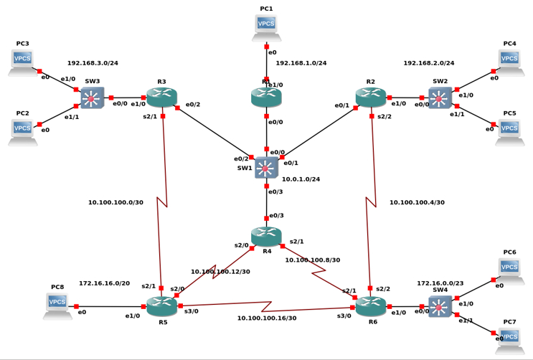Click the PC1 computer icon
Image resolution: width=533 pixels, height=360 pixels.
(266, 27)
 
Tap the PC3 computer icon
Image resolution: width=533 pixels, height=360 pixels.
(22, 62)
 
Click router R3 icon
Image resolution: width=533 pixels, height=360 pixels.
(161, 98)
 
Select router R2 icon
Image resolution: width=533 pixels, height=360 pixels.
(370, 98)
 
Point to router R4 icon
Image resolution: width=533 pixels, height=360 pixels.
(266, 236)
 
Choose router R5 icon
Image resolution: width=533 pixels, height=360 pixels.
(161, 306)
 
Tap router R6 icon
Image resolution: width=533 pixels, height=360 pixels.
(370, 306)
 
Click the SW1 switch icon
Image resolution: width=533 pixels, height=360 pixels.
(266, 168)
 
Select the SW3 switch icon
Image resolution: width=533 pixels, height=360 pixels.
(92, 98)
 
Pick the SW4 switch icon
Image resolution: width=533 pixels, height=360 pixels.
(440, 306)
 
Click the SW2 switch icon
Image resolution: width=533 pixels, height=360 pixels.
(440, 98)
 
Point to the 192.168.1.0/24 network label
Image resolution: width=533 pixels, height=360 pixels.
(301, 63)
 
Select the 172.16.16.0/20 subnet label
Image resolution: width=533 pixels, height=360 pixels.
(104, 283)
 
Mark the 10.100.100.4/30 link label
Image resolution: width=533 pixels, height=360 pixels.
(417, 202)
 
